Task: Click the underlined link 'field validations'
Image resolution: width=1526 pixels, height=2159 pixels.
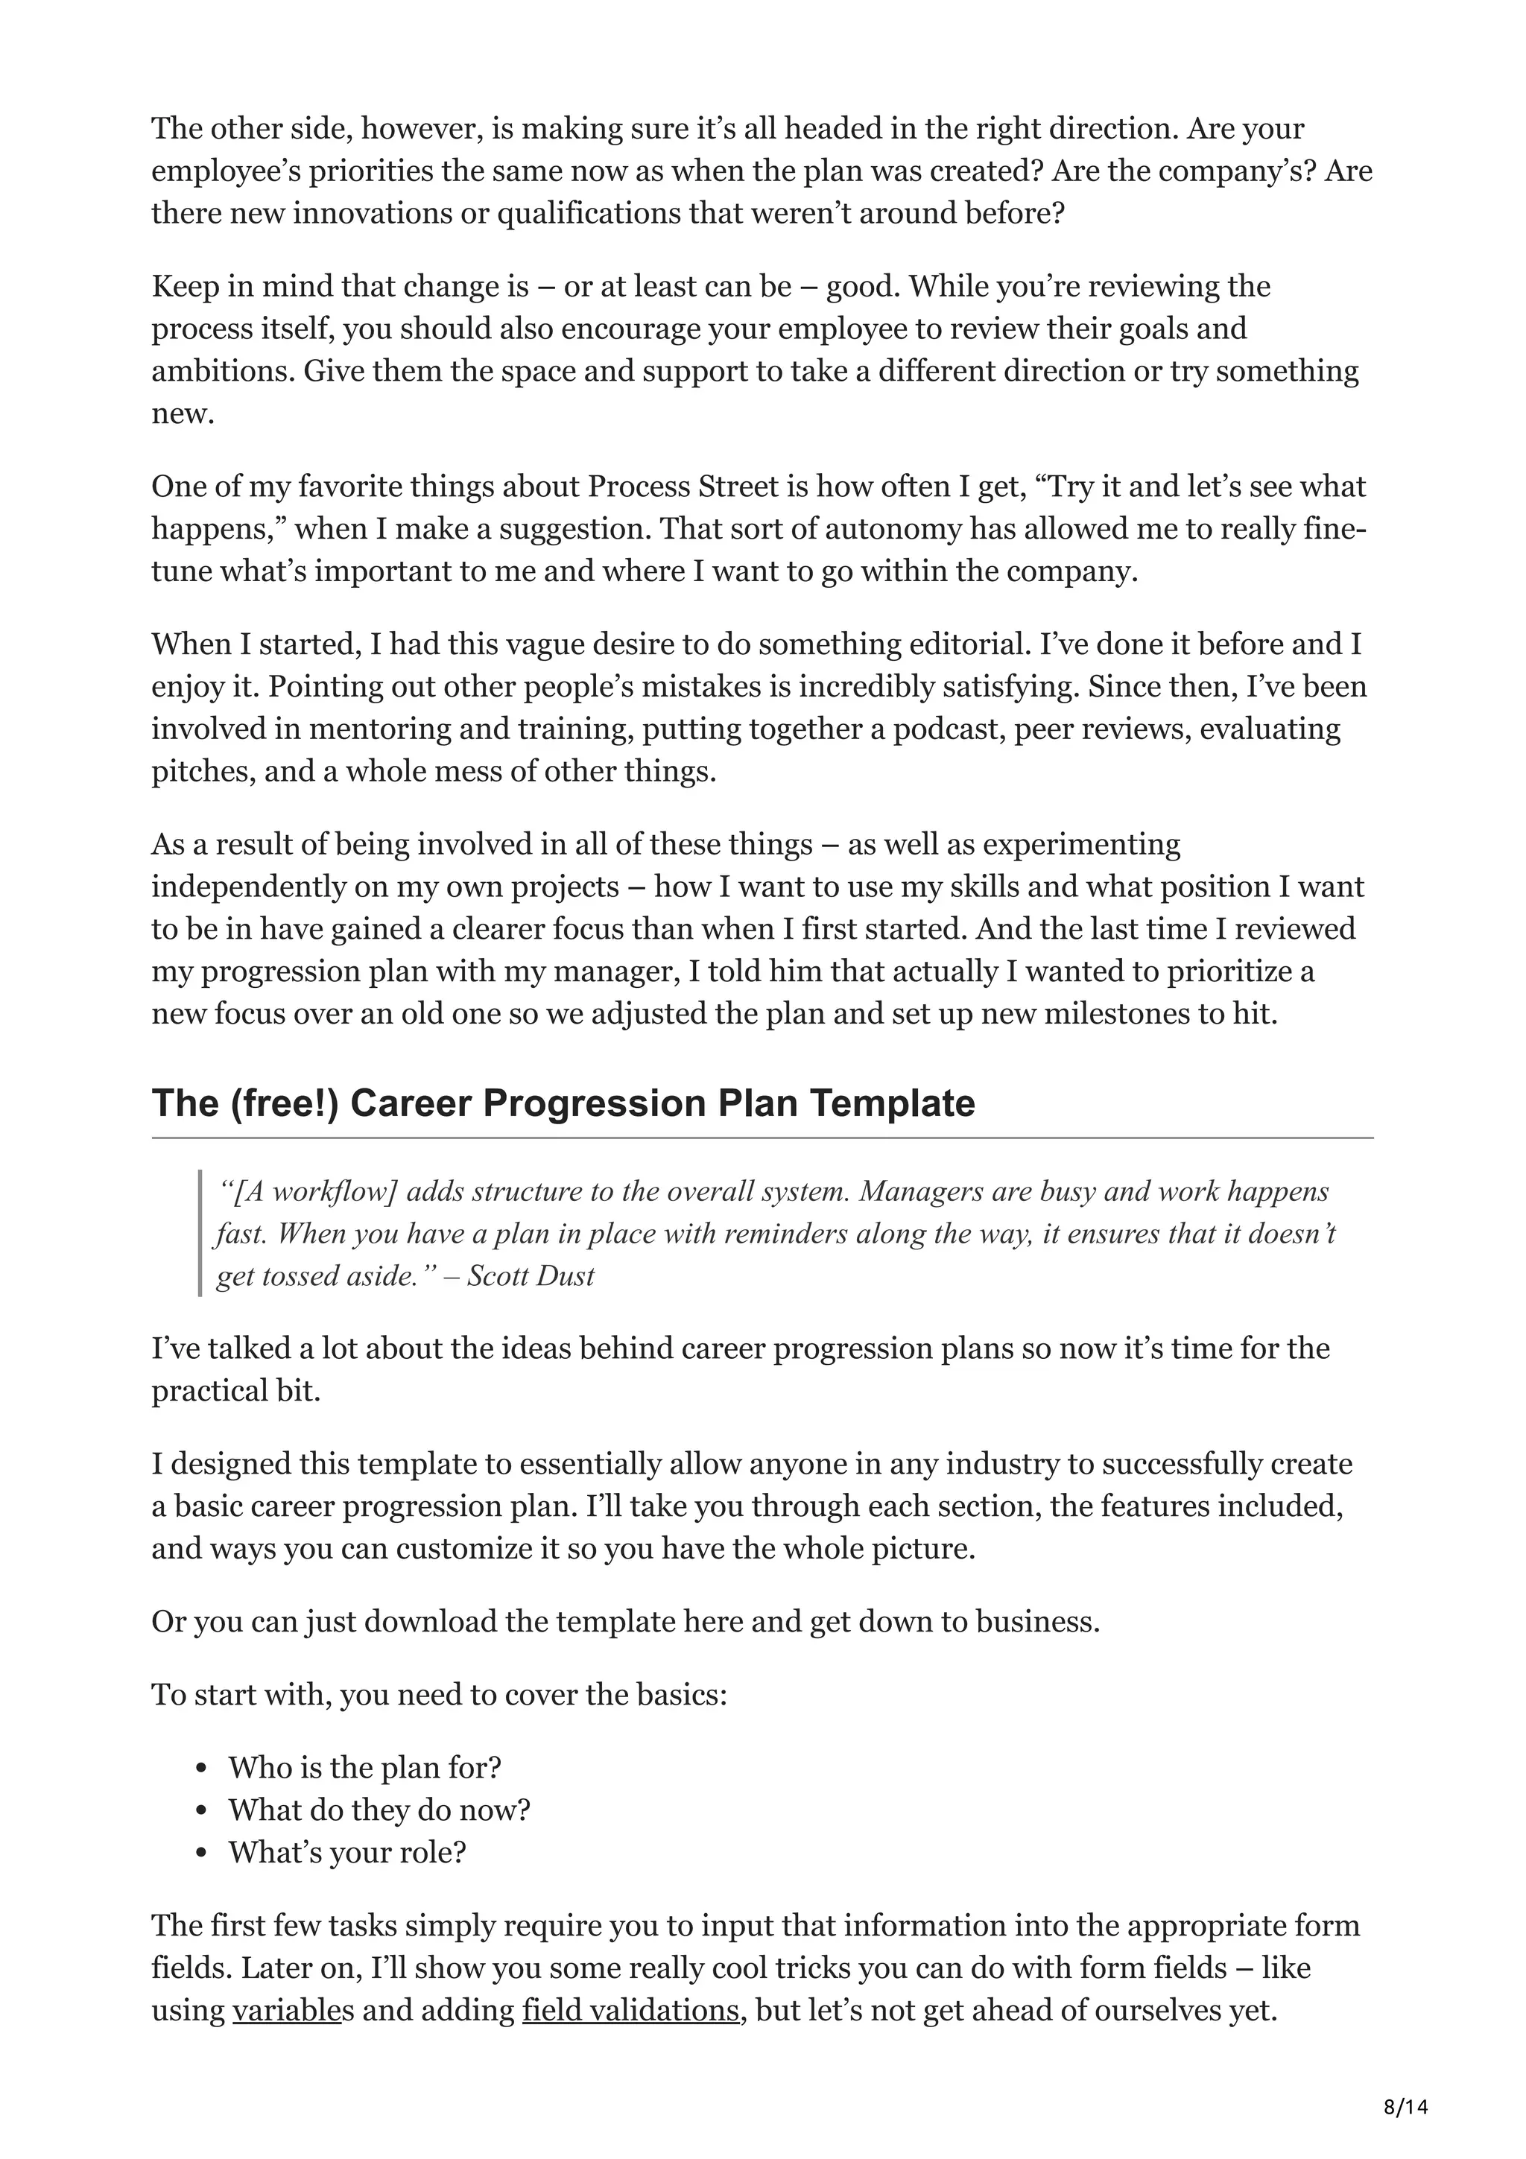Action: (630, 2011)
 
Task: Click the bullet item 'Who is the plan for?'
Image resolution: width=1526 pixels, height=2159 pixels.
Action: (365, 1767)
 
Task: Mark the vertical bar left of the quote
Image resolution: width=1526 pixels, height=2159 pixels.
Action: (200, 1233)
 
